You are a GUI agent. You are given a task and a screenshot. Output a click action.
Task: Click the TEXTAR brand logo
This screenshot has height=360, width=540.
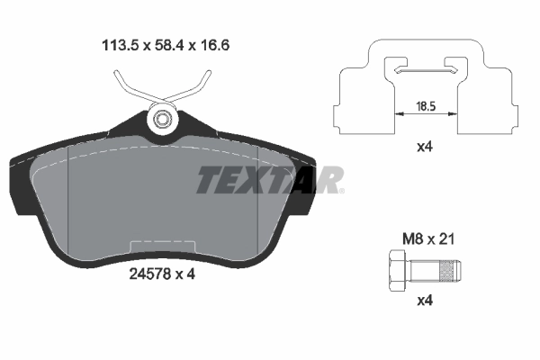click(x=269, y=180)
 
